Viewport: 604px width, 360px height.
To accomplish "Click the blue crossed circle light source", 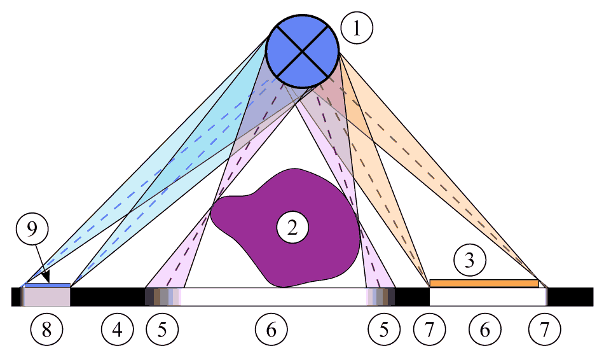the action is point(303,51).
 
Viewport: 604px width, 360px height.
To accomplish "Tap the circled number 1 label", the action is point(357,28).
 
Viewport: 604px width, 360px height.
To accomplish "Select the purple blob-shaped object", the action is point(285,228).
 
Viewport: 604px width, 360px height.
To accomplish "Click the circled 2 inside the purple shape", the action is point(292,228).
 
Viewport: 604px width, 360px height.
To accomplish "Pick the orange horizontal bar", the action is point(484,283).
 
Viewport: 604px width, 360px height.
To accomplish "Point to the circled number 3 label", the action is point(470,260).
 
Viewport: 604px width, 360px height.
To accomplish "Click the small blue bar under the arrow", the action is point(48,285).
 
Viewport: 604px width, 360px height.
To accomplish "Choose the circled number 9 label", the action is point(32,229).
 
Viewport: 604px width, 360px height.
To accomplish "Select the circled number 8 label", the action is point(46,329).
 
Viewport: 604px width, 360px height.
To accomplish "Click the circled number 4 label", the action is point(118,329).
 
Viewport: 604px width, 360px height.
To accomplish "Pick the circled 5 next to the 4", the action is point(162,329).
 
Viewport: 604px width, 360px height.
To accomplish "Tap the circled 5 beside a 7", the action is point(384,329).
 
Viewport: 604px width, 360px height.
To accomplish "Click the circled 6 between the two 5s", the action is point(271,329).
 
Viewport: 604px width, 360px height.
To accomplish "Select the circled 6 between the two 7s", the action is point(485,329).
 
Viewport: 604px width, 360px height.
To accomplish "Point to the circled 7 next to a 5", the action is point(430,329).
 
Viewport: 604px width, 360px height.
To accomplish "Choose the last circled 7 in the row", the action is point(545,329).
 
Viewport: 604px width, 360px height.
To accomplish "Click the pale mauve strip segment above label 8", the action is point(47,297).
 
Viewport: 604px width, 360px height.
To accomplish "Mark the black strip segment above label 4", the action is point(108,297).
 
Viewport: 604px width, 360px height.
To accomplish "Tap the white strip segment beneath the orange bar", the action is point(488,297).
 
